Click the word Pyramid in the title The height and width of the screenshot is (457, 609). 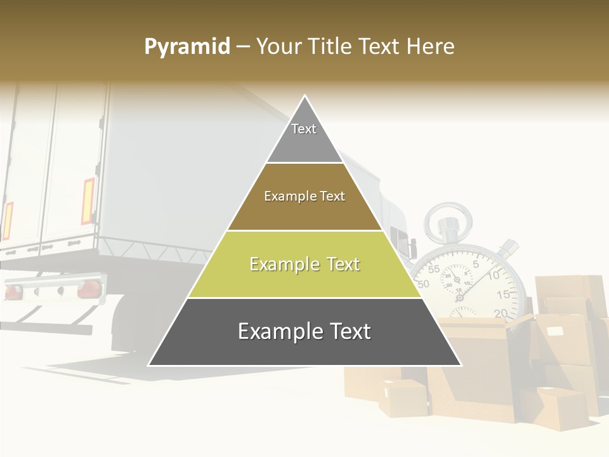(187, 47)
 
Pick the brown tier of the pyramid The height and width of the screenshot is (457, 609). (304, 197)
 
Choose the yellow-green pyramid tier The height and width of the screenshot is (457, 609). (304, 264)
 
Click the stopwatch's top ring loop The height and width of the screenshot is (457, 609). (447, 219)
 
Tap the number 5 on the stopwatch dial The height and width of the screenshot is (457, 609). (476, 263)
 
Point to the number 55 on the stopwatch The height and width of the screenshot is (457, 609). (434, 269)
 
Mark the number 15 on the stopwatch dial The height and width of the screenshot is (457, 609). (503, 294)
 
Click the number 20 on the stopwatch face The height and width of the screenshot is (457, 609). (501, 312)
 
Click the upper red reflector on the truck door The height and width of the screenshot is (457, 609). (88, 201)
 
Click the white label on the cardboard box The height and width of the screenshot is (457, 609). (555, 331)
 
